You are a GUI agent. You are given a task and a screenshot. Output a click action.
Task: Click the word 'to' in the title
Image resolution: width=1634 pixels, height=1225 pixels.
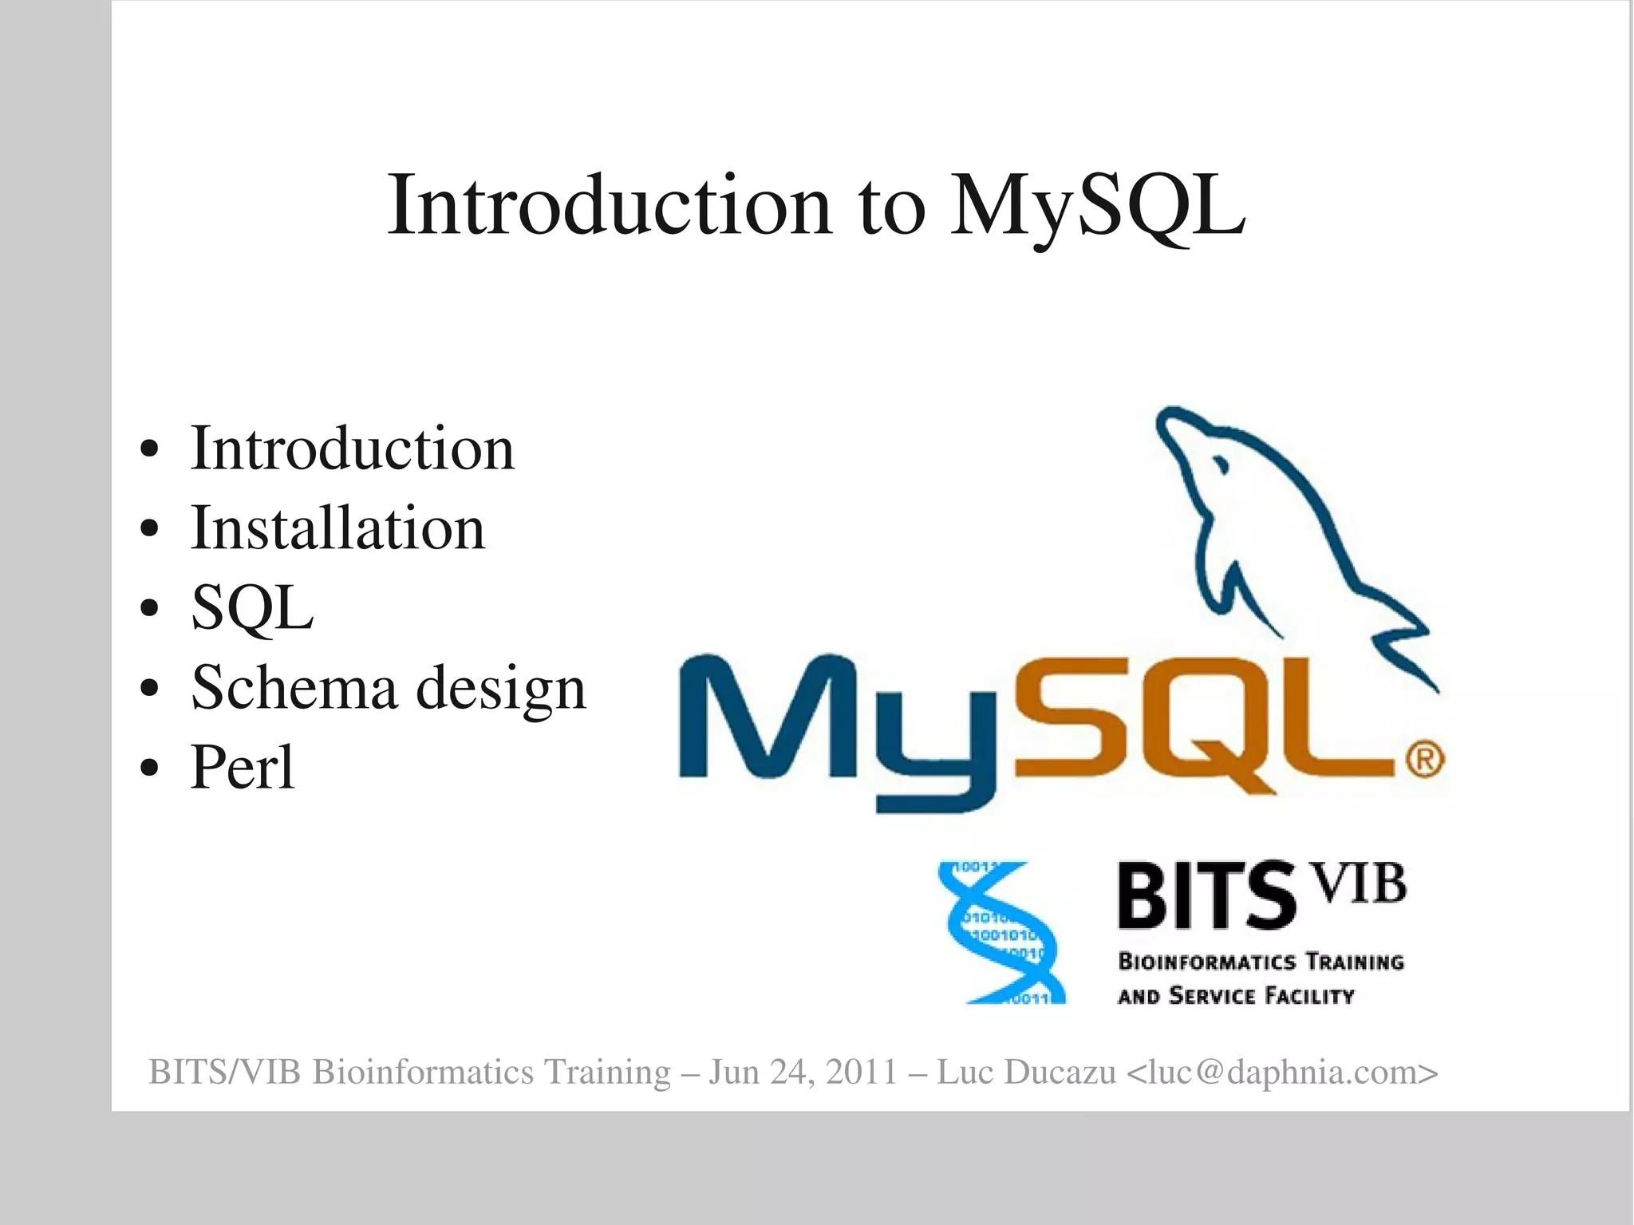891,207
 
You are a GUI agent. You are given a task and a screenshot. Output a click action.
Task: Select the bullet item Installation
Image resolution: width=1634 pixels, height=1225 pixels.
337,528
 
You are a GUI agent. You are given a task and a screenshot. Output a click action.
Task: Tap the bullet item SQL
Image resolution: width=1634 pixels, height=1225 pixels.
252,608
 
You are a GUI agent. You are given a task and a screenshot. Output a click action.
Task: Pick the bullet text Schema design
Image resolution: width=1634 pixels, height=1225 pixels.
389,688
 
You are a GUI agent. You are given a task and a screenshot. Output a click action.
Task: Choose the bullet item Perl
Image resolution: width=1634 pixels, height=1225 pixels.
243,768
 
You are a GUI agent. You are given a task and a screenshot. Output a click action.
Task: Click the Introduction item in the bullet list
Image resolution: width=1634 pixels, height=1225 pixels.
352,449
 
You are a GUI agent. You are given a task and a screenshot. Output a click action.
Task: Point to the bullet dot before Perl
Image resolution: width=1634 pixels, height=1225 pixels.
149,768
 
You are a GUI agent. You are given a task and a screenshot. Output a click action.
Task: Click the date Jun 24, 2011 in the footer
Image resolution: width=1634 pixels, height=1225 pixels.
803,1072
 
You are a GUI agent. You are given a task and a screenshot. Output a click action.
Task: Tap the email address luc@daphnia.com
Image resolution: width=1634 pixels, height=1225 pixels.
1282,1072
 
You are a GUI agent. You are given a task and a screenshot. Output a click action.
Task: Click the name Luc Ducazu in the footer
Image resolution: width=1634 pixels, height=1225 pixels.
1026,1072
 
